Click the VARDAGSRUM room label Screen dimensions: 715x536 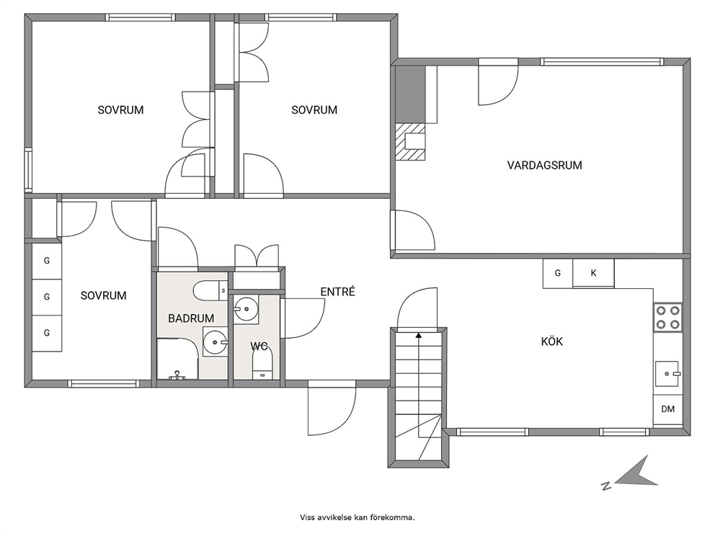tap(544, 165)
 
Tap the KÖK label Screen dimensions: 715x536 tap(552, 341)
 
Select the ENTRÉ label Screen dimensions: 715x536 tap(337, 292)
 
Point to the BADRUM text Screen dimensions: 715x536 tap(191, 318)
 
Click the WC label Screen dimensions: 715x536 tap(259, 347)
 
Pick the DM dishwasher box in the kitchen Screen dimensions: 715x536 tap(667, 409)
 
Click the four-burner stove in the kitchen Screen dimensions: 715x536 tap(667, 318)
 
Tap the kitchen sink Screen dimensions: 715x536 tap(667, 374)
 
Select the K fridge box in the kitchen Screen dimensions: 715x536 tap(593, 273)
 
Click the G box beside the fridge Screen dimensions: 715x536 tap(558, 274)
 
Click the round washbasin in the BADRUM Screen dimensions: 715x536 tap(215, 341)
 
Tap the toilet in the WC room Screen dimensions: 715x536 tap(262, 364)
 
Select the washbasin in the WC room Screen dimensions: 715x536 tap(246, 310)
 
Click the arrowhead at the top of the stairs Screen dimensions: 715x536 tap(419, 336)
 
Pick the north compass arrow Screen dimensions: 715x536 tap(636, 473)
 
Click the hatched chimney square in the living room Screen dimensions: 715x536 tap(410, 142)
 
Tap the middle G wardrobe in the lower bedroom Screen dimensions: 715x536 tap(47, 297)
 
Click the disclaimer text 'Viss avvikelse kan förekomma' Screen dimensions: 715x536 tap(357, 517)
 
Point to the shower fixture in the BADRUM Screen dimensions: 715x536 tap(177, 375)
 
